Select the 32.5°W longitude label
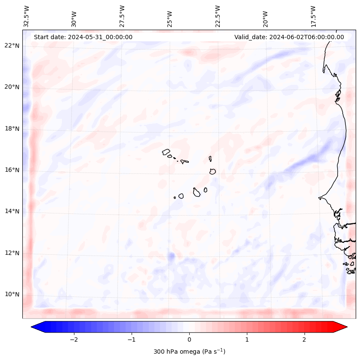(x=27, y=16)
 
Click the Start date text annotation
(x=83, y=37)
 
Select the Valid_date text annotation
(x=289, y=37)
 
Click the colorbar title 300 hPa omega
(x=189, y=352)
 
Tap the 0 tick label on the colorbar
(x=189, y=339)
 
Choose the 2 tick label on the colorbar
(x=305, y=339)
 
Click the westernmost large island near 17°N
(x=166, y=151)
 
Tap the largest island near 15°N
(x=197, y=192)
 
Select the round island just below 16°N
(x=212, y=171)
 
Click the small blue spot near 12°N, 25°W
(x=171, y=256)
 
